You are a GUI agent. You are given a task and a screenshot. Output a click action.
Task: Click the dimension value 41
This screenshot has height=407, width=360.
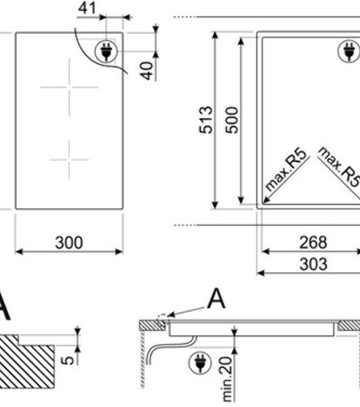coord(87,8)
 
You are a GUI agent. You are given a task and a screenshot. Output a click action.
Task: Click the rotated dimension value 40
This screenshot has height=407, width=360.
coord(147,71)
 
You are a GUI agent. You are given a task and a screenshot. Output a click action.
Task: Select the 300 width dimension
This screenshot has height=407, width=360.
coord(69,243)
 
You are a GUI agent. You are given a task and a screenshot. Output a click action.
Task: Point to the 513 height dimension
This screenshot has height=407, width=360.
coord(206,119)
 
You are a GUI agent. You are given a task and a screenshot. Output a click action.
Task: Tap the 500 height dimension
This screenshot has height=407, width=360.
coord(232,120)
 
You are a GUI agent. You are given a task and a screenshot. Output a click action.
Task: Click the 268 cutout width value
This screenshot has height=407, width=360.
coord(313,242)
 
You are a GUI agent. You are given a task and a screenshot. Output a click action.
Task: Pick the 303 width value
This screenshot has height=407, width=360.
coord(313,264)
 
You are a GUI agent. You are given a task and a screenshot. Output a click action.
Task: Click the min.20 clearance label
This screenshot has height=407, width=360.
coord(227,379)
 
